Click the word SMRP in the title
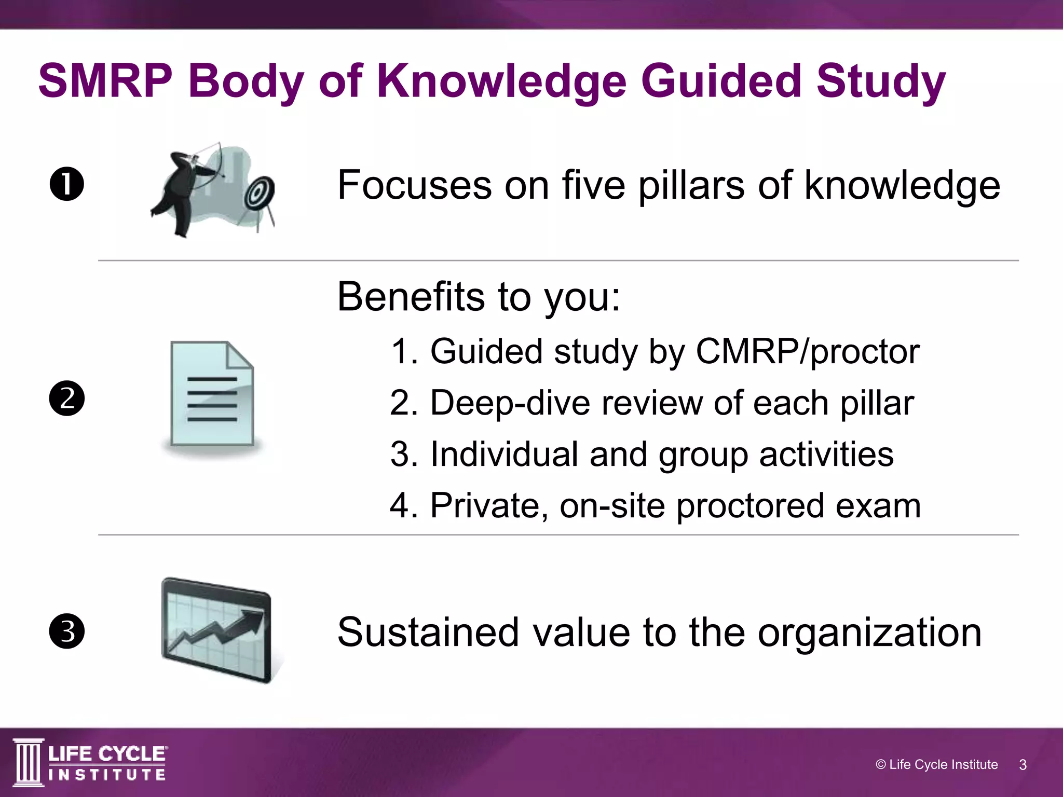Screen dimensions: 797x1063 click(x=105, y=81)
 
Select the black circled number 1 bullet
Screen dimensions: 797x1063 click(x=67, y=184)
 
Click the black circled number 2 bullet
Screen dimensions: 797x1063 click(x=67, y=398)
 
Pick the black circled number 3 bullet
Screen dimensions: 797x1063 click(x=67, y=631)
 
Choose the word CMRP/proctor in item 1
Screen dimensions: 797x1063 click(x=807, y=352)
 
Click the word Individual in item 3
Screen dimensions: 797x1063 click(x=503, y=454)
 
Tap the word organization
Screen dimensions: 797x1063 click(x=869, y=633)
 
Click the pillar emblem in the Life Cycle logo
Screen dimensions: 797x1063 click(x=29, y=762)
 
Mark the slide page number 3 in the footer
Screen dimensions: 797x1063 click(x=1023, y=765)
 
